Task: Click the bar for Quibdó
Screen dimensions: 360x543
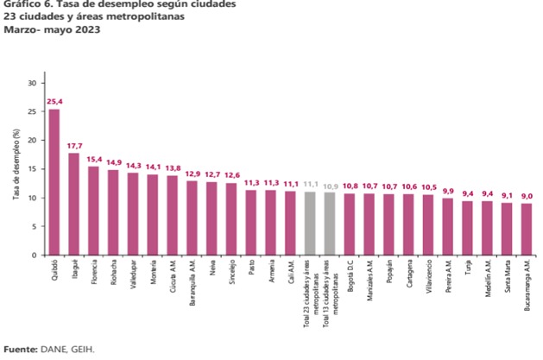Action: [54, 182]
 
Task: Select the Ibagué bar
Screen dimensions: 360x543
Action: [74, 204]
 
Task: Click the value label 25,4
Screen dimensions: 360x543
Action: [54, 101]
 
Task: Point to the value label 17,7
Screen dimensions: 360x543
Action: [74, 145]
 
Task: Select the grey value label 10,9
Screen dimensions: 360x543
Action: [331, 185]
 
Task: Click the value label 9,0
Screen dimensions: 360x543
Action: [527, 195]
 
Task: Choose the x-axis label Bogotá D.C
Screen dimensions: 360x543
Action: [350, 277]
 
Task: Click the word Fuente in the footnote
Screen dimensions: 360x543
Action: [17, 350]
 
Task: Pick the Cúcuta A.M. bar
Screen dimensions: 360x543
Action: [173, 215]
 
